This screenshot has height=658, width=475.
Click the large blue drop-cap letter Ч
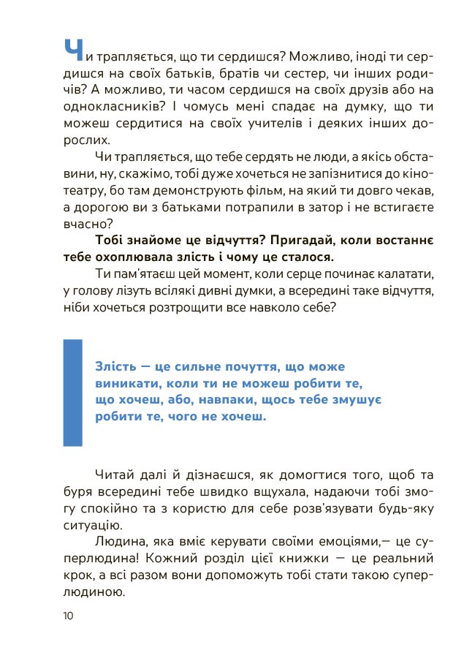pyautogui.click(x=74, y=50)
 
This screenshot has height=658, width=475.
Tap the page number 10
pyautogui.click(x=68, y=616)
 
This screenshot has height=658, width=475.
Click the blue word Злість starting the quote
pyautogui.click(x=115, y=366)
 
